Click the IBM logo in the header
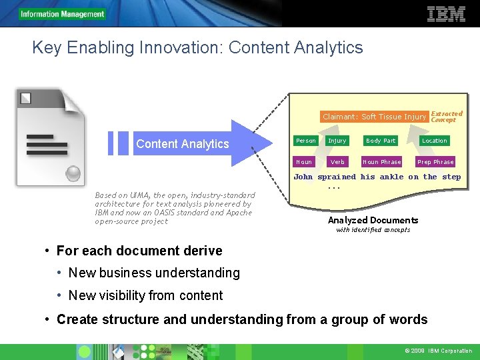tap(446, 13)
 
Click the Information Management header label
tap(62, 14)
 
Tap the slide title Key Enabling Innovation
tap(197, 48)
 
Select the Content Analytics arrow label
tap(182, 144)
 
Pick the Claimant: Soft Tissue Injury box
tap(374, 117)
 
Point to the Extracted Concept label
tap(446, 117)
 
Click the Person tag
tap(306, 141)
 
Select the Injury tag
tap(337, 141)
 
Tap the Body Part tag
tap(381, 141)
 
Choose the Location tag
tap(435, 141)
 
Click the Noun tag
tap(304, 162)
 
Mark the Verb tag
tap(337, 162)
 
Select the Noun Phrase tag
tap(381, 162)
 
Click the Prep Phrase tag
tap(435, 162)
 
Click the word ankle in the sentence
tap(391, 177)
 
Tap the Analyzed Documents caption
tap(373, 221)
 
